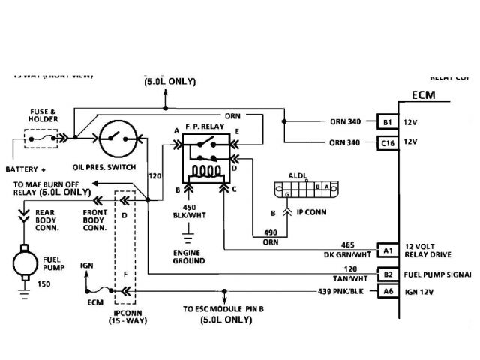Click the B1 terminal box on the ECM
(x=387, y=121)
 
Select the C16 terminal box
(x=387, y=142)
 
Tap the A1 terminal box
(x=387, y=250)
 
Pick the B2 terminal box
(x=387, y=274)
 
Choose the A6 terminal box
(x=387, y=290)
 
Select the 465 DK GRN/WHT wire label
(x=346, y=250)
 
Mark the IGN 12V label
(x=428, y=291)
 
